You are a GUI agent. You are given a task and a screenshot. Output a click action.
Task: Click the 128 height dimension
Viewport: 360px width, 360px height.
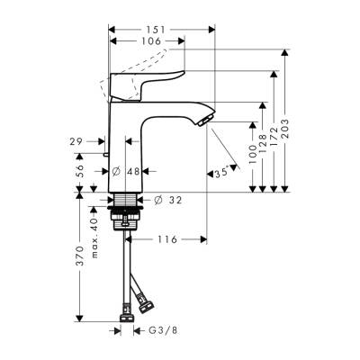point(261,144)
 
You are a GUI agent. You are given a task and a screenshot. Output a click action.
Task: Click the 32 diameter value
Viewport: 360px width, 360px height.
point(176,200)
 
